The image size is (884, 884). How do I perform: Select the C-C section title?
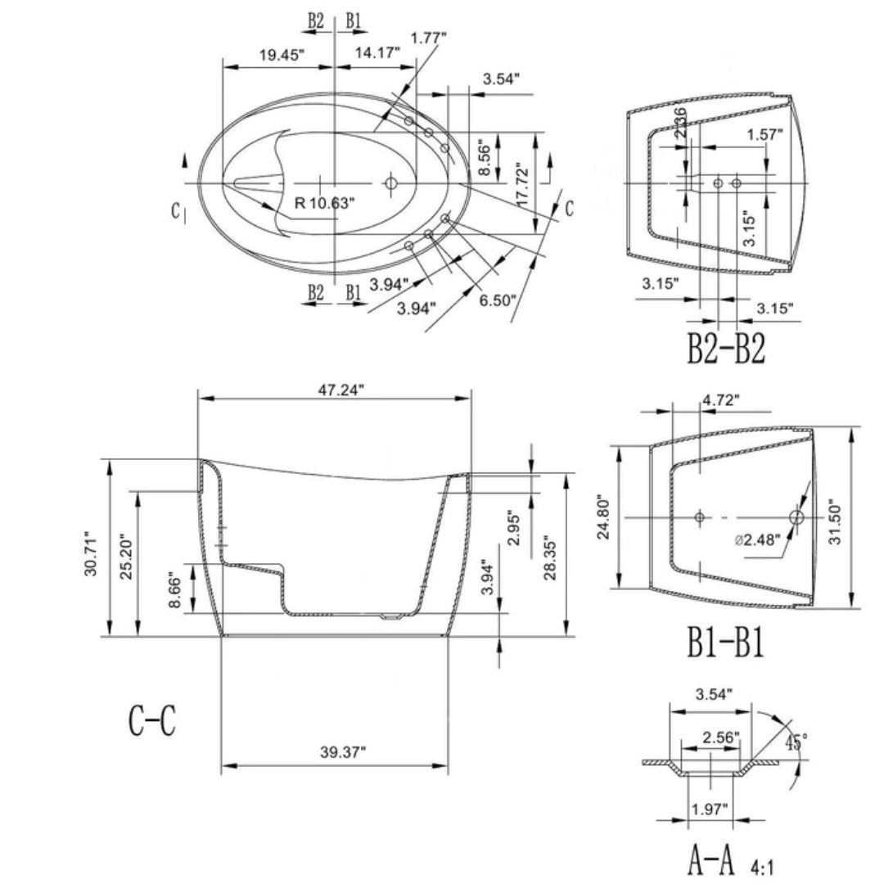coord(151,720)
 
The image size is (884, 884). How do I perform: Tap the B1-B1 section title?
coord(725,643)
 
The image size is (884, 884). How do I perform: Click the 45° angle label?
coord(796,742)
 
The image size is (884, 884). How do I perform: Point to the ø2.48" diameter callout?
coord(757,540)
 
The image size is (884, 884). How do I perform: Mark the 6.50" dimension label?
coord(497,300)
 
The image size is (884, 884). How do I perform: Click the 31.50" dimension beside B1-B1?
coord(835,517)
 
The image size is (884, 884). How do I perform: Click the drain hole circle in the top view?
coord(390,184)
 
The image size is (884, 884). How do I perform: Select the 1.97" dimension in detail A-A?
coord(708,810)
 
